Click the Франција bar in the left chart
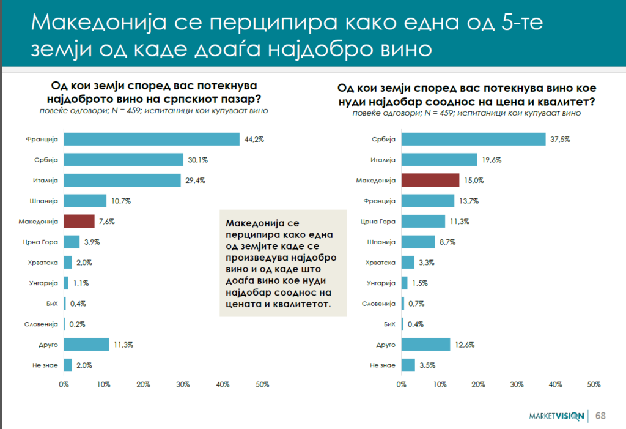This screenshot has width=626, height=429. [151, 140]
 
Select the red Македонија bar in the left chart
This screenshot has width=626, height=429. [79, 221]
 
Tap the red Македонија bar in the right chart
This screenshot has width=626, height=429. [430, 180]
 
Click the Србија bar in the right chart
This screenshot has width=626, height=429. [473, 140]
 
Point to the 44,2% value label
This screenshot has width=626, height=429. [254, 140]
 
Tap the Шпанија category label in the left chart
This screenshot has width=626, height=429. [43, 201]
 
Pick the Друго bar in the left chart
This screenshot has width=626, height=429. [86, 345]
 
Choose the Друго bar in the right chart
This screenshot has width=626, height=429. [425, 345]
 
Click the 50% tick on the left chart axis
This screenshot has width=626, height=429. [262, 384]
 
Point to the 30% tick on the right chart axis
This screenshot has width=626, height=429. [517, 384]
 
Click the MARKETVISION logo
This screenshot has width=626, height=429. [556, 417]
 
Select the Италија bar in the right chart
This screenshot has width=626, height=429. [439, 160]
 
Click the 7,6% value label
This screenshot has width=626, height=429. [107, 221]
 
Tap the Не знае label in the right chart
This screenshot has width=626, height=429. [383, 365]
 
